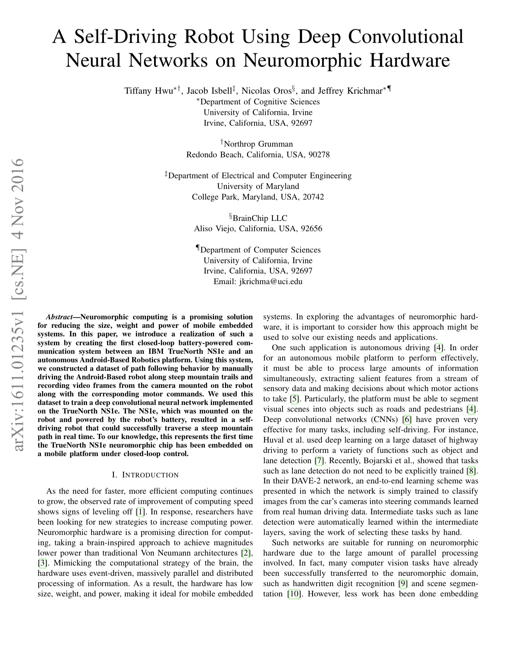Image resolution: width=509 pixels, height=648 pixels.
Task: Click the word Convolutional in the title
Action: coord(405,37)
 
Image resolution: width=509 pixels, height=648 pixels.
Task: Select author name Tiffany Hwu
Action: coord(149,91)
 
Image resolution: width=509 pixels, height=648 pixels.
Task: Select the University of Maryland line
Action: coord(258,186)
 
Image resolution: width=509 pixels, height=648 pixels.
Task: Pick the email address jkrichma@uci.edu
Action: coord(271,281)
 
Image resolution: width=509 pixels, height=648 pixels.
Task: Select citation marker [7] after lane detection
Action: coord(319,461)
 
